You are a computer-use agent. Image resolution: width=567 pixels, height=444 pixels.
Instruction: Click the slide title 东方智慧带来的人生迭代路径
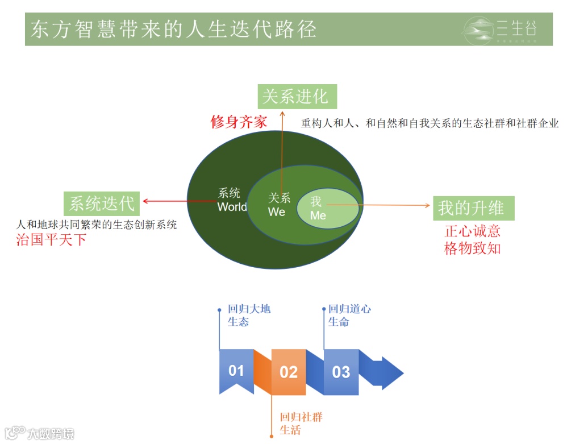click(x=173, y=29)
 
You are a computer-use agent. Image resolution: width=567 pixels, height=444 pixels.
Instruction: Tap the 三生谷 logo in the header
click(x=499, y=29)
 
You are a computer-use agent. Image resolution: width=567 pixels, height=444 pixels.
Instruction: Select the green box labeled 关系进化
click(x=297, y=96)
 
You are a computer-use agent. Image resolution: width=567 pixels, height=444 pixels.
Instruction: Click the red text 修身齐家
click(x=239, y=122)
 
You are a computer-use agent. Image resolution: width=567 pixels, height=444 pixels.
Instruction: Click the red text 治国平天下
click(x=51, y=239)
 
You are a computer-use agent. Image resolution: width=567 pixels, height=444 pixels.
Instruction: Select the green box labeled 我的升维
click(x=473, y=208)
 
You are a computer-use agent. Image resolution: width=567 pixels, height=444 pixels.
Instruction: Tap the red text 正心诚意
click(x=472, y=231)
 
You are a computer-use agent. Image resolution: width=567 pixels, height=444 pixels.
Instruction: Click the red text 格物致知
click(x=472, y=248)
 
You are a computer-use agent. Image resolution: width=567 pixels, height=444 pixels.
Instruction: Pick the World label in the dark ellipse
click(x=232, y=207)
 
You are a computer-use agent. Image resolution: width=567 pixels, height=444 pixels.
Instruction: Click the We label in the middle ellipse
click(x=277, y=211)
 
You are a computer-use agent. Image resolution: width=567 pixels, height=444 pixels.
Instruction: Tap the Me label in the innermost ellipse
click(x=318, y=215)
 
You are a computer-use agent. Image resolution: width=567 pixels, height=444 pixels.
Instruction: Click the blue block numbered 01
click(x=236, y=371)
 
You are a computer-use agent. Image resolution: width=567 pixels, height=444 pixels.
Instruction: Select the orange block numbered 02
click(x=289, y=372)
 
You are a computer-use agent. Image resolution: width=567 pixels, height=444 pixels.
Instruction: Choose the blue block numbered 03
click(x=341, y=372)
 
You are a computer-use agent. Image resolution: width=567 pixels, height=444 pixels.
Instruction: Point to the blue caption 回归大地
click(x=249, y=309)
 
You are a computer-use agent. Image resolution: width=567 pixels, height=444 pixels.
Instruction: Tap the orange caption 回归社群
click(x=301, y=417)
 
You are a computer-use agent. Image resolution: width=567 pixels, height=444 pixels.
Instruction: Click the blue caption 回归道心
click(x=349, y=309)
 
